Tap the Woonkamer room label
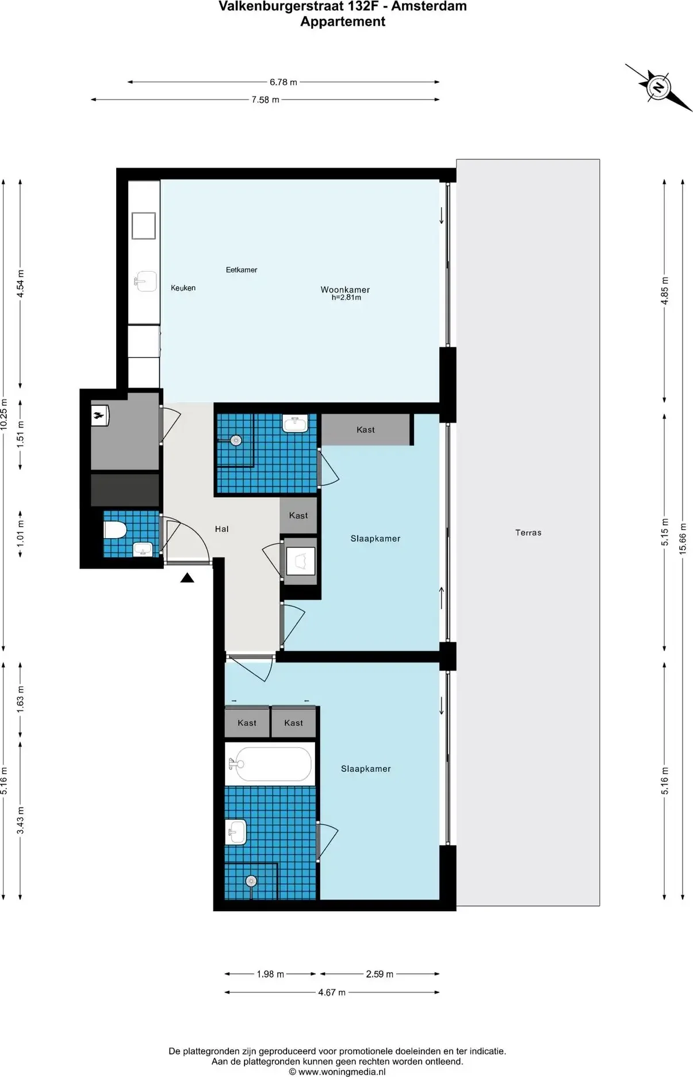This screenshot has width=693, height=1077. pos(345,290)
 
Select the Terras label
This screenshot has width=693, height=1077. pos(528,532)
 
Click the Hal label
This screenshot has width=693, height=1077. pos(221,529)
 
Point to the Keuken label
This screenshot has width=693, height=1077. pos(183,288)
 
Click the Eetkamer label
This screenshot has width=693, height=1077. pos(242,269)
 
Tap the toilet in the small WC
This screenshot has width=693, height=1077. pos(115,530)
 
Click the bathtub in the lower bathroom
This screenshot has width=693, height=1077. pos(270,764)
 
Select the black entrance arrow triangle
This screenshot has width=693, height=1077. pos(187,578)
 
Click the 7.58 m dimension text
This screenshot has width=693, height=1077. pos(265,100)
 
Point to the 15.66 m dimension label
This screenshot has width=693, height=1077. pos(683,538)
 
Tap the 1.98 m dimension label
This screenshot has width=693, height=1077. pos(270,974)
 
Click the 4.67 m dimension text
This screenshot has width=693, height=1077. pos(332,992)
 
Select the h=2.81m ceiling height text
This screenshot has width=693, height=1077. pos(346,298)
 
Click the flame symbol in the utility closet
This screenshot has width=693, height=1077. pos(99,415)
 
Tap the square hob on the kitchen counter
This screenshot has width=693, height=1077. pos(144,226)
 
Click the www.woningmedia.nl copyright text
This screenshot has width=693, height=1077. pos(337,1071)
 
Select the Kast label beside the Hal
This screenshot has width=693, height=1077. pos(298,516)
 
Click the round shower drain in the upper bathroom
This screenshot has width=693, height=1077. pos(236,441)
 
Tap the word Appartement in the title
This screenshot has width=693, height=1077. pos(343,22)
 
